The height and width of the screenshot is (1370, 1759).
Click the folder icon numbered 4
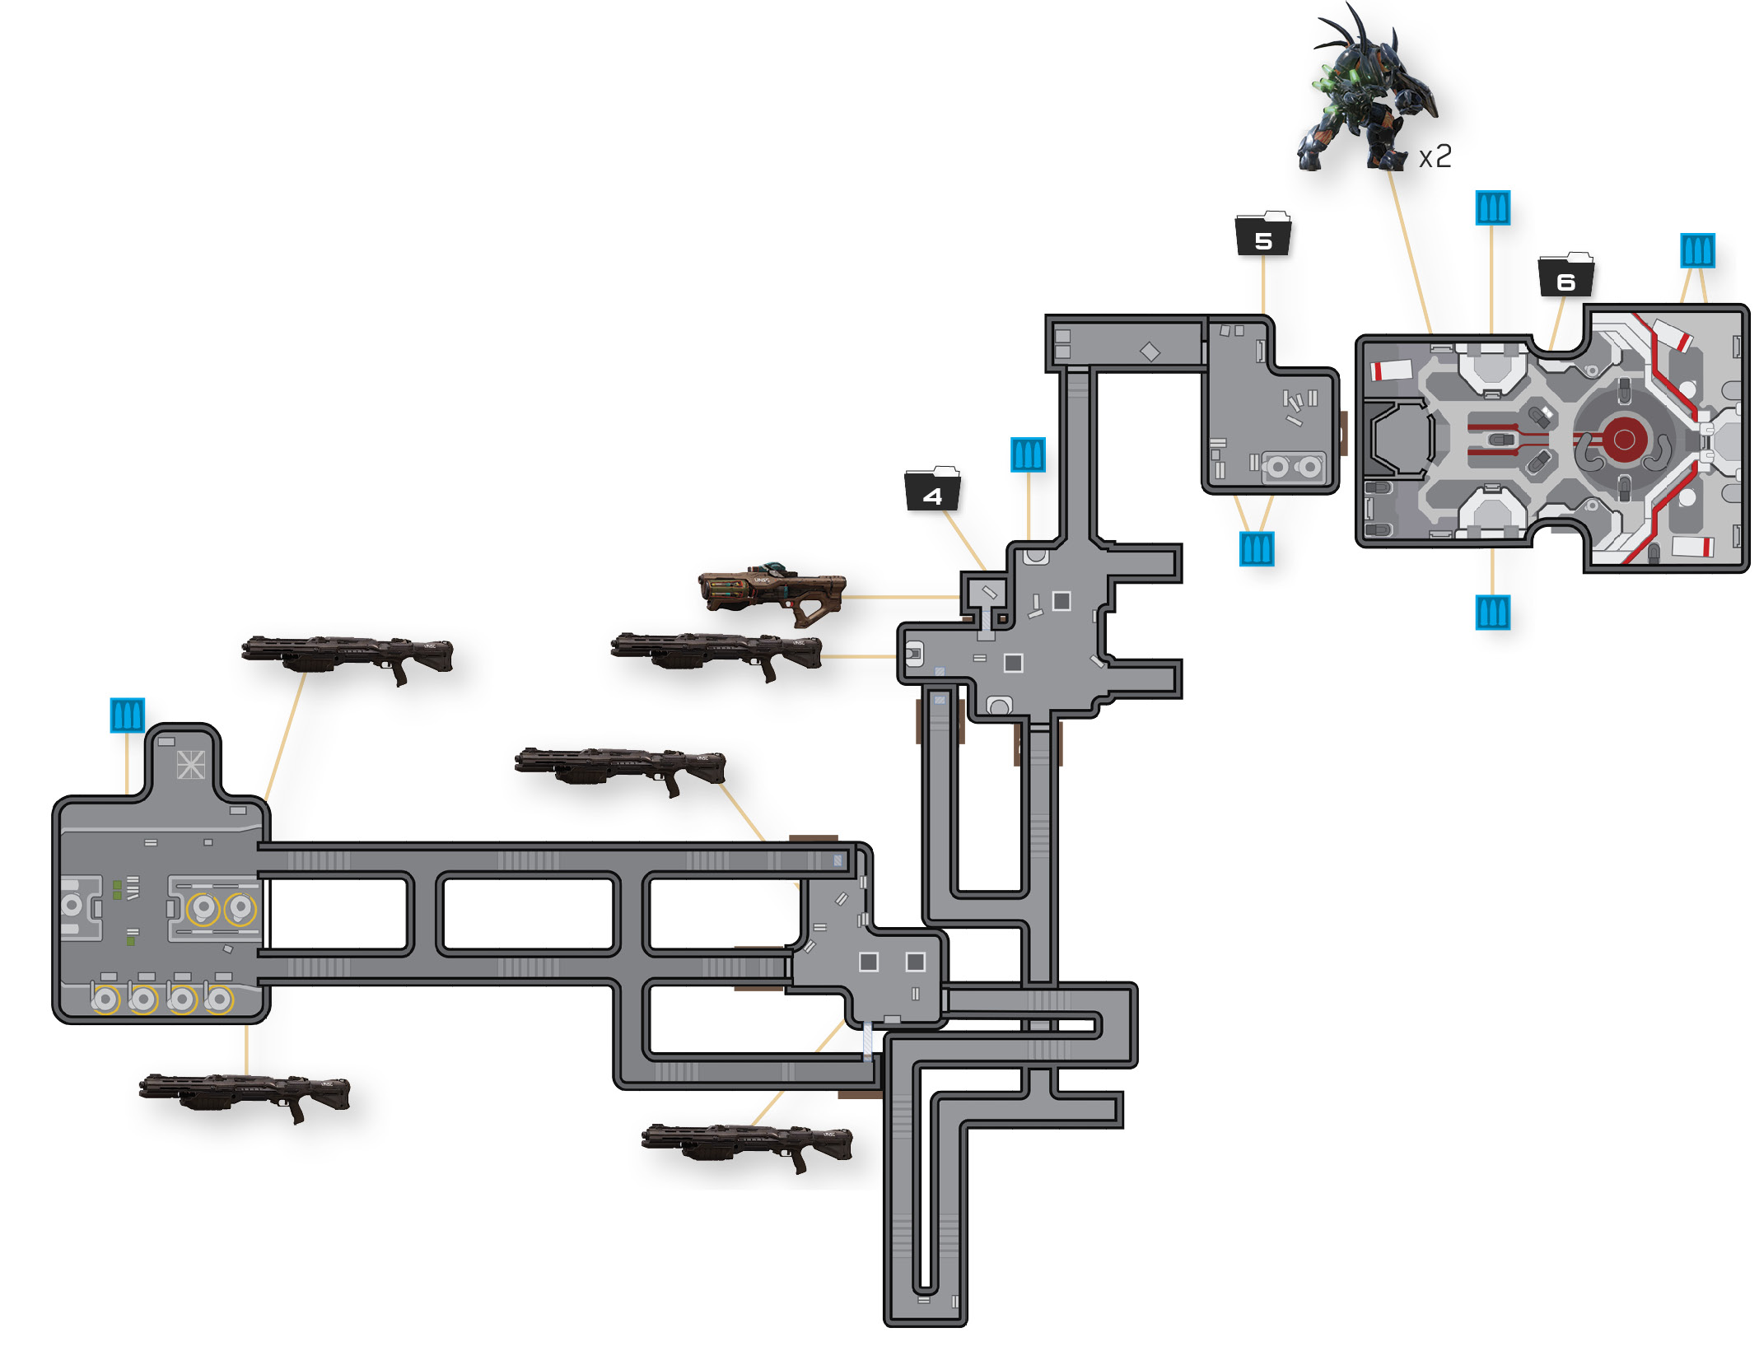[932, 489]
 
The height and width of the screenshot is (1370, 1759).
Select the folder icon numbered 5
[1263, 234]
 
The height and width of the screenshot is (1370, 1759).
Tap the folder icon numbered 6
[1566, 275]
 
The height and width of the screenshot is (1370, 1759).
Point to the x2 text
[1435, 156]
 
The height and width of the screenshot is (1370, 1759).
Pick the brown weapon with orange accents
[772, 593]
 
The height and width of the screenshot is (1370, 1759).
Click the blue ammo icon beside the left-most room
[128, 715]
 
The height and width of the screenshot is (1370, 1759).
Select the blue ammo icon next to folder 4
[1028, 454]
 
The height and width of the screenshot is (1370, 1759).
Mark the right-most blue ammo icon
[1697, 250]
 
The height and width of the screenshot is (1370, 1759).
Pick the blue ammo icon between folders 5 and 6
[1492, 208]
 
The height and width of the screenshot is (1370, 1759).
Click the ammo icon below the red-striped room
[1492, 613]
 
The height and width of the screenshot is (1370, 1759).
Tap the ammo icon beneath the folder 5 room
[1257, 549]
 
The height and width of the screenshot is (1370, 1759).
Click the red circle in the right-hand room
[1624, 440]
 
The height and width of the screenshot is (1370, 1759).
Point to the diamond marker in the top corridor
[1150, 352]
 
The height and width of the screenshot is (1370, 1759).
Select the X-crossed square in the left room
[191, 765]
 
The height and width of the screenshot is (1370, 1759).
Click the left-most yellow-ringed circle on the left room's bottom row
[105, 1000]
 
